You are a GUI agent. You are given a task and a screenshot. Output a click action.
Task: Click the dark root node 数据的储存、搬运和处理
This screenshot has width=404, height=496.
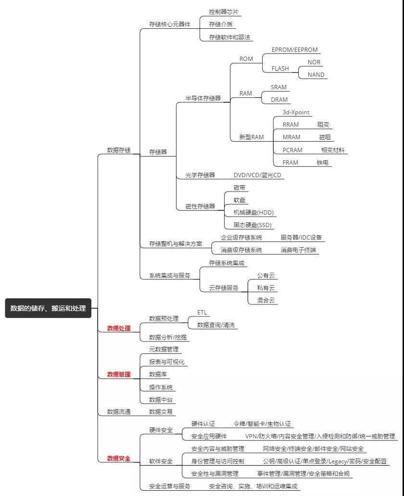48,308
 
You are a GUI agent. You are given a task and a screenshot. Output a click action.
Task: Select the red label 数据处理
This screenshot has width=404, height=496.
118,328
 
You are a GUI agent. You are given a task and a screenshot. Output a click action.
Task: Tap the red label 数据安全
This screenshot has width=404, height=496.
118,459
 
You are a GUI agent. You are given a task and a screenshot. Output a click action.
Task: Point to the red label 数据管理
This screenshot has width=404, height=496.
118,374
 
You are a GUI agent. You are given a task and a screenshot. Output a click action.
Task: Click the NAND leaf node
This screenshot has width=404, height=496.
316,74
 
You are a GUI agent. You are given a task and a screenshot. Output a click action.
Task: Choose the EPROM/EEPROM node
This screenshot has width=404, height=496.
295,49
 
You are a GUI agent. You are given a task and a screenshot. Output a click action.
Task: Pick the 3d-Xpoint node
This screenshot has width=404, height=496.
296,112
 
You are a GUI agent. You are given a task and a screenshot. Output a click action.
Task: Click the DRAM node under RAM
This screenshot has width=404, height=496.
279,99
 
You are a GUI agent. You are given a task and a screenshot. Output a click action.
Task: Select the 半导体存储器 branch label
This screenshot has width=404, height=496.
203,98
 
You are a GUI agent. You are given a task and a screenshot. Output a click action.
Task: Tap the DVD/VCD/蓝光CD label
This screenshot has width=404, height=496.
257,175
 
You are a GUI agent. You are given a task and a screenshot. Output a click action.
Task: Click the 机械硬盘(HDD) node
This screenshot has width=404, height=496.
254,212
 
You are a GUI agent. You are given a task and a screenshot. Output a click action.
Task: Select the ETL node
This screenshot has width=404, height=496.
202,312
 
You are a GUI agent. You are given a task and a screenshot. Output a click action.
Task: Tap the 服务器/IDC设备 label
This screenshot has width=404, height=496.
301,237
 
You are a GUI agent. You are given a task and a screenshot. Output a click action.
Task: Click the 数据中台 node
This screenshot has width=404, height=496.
161,399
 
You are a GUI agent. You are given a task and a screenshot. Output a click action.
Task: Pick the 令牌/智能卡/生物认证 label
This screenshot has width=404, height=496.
262,423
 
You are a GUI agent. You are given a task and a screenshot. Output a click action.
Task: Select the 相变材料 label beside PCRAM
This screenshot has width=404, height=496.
333,150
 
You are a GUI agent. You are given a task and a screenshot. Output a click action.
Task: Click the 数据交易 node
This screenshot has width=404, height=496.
161,411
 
